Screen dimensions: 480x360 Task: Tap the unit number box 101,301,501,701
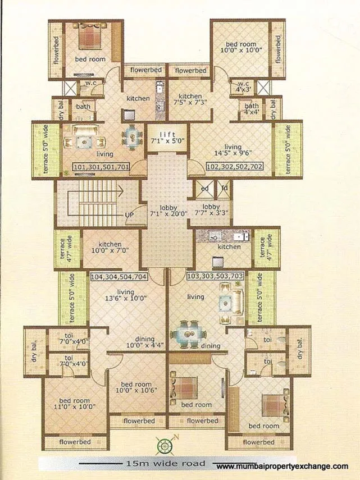102,166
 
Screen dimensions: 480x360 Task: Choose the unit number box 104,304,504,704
119,276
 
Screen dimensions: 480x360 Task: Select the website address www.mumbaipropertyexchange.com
282,466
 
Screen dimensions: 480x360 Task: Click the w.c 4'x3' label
243,85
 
